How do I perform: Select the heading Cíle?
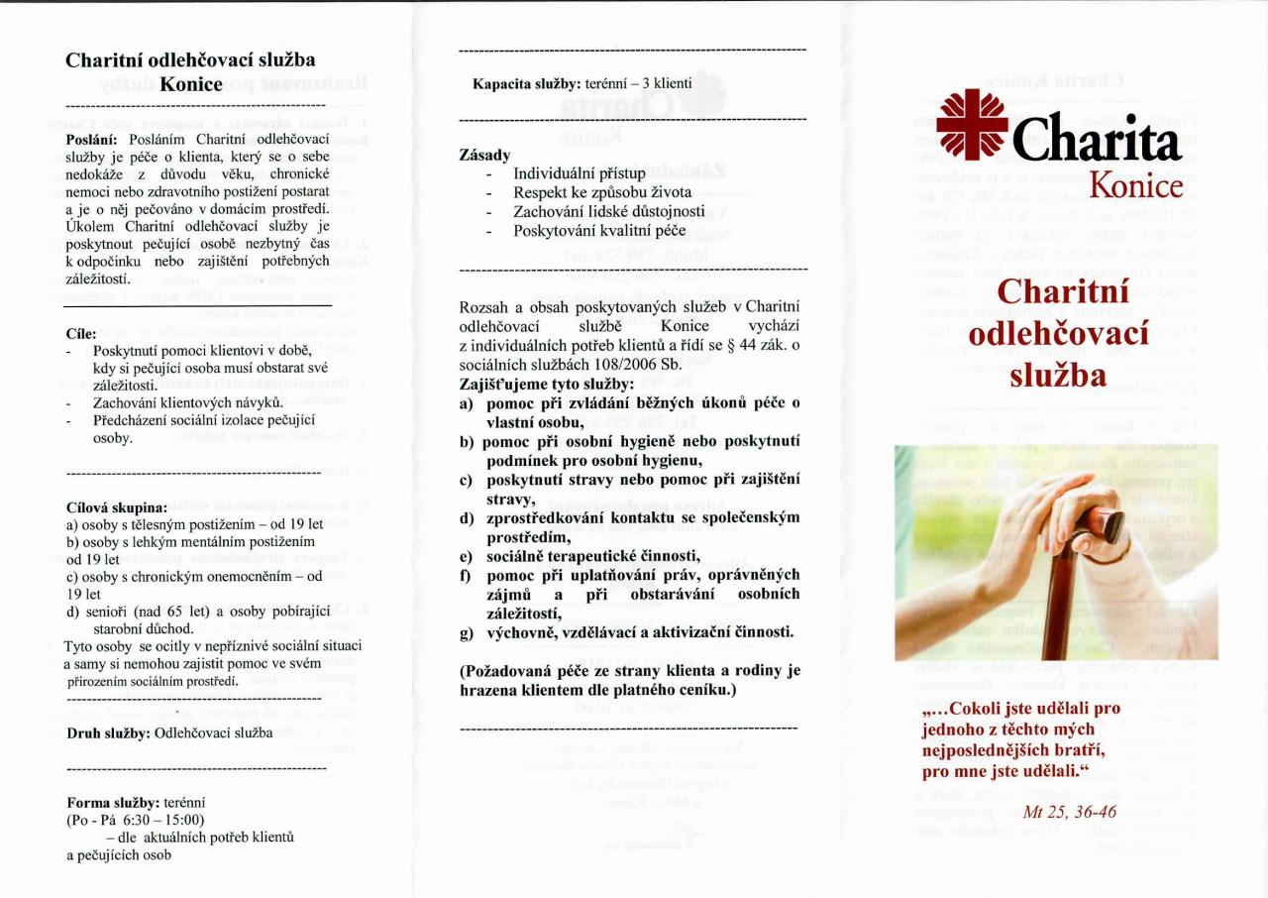[79, 334]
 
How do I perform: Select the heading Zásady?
[484, 156]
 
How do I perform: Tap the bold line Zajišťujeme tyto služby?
[545, 384]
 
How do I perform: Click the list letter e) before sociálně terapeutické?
[466, 556]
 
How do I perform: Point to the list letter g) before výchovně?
[466, 631]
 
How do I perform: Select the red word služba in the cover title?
[1057, 376]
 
